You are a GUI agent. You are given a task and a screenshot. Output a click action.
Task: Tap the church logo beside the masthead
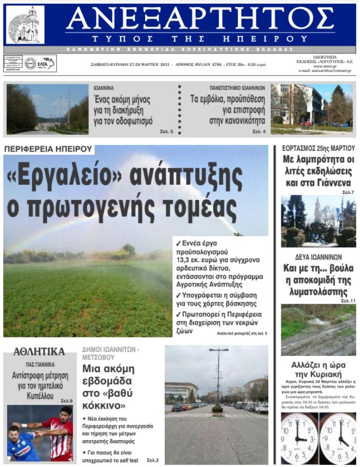pos(25,25)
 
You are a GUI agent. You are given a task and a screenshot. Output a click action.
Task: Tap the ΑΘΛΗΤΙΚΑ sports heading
pos(39,351)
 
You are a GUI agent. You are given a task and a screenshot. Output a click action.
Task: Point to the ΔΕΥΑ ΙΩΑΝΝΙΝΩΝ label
pos(316,257)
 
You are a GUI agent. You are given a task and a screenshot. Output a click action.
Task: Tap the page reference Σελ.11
pos(347,300)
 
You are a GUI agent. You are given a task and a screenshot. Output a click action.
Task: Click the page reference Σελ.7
pos(347,192)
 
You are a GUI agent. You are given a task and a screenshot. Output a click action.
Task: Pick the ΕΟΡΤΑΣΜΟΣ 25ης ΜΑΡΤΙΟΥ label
pos(318,148)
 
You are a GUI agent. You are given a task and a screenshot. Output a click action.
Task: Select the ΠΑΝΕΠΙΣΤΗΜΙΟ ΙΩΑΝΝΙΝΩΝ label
pos(237,88)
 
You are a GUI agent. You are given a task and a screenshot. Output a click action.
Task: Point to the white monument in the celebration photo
pos(317,212)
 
